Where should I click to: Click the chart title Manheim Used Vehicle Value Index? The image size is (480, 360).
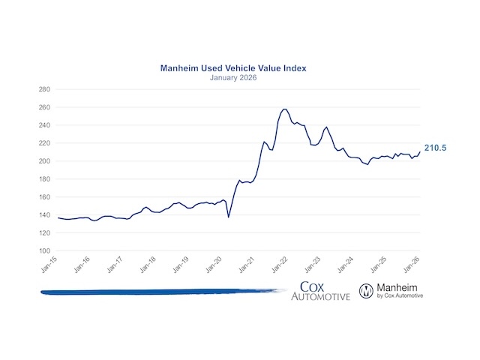233,68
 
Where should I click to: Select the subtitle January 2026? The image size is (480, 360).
233,77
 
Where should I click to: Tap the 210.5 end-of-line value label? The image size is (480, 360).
435,148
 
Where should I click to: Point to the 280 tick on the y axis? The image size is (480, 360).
43,89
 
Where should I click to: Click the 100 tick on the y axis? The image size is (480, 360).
43,251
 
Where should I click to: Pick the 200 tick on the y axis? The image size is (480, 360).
43,161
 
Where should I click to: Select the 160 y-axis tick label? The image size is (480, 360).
43,197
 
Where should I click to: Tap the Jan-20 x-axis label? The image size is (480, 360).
214,264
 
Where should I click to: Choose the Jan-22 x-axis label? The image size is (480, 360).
280,264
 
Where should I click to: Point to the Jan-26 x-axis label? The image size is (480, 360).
411,264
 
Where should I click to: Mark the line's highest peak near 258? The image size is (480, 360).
284,109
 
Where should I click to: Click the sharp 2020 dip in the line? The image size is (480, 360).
228,217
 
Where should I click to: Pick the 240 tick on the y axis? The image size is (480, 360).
43,125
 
